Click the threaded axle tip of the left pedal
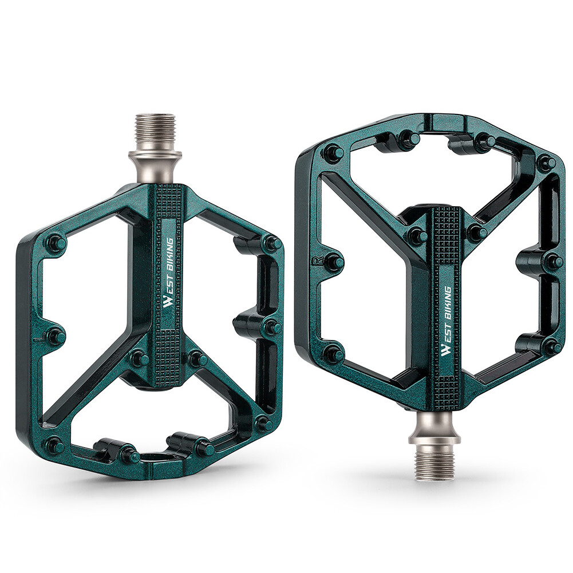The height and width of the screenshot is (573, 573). [155, 131]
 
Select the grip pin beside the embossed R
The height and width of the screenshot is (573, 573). [333, 262]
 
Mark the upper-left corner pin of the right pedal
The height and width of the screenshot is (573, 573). [333, 153]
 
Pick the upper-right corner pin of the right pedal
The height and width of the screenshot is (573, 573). [546, 163]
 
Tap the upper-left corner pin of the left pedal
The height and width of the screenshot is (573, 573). [56, 243]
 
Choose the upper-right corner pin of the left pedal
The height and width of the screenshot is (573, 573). [272, 243]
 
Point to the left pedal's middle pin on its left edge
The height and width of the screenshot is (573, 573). [56, 336]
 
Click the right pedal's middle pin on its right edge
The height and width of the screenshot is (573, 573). [553, 261]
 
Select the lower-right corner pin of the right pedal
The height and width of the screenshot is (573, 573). [552, 346]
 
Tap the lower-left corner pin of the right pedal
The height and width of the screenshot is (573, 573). [333, 354]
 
